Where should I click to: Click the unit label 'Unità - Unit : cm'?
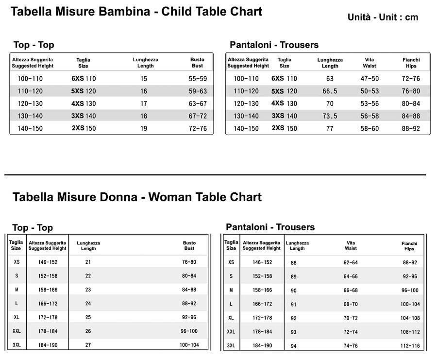383,17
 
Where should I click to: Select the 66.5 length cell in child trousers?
330,91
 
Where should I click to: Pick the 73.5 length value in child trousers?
330,116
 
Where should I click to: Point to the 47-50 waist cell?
370,79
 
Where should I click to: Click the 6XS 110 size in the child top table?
84,79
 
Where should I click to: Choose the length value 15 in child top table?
144,79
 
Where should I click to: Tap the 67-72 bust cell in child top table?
198,116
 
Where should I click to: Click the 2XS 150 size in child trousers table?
284,128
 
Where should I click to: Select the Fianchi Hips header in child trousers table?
411,63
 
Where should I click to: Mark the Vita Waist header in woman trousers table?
351,245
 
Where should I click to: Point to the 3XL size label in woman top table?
17,345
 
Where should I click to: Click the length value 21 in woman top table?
88,262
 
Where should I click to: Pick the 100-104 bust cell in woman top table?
189,345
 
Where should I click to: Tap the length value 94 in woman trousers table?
293,346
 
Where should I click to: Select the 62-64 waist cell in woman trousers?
350,262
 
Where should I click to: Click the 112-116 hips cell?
410,346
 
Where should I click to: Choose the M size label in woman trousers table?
231,290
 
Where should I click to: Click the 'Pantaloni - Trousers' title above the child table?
274,45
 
